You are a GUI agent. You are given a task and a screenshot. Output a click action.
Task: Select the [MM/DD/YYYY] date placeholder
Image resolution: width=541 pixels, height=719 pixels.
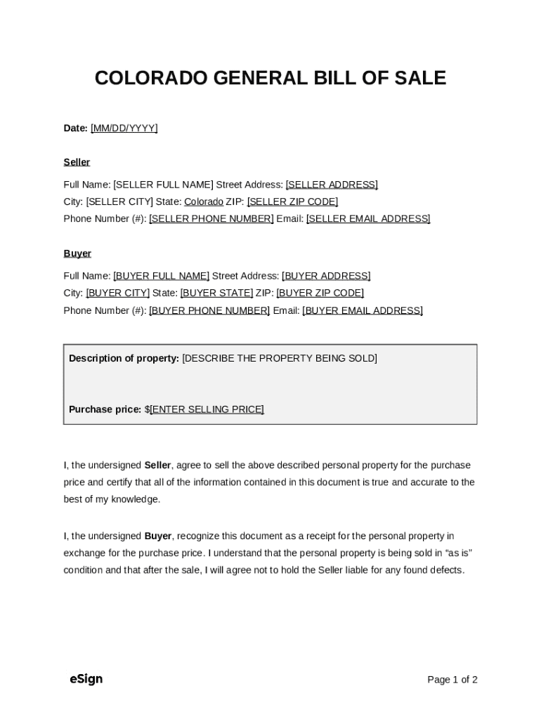[x=124, y=128]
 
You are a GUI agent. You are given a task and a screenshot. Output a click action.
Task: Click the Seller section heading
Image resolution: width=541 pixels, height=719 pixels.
[x=77, y=162]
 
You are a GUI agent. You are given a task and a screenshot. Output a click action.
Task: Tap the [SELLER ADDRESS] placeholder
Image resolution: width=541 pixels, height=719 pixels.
[x=332, y=185]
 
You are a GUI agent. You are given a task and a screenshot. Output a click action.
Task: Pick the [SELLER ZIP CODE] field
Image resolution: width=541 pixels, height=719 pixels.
[x=292, y=202]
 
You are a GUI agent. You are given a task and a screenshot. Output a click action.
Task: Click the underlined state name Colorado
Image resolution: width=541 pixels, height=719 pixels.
[x=204, y=202]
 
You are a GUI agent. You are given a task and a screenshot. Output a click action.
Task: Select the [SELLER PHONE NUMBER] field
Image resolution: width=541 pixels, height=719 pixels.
[x=211, y=219]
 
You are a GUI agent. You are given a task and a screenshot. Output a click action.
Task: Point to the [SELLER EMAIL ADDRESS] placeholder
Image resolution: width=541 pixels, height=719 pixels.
[x=368, y=219]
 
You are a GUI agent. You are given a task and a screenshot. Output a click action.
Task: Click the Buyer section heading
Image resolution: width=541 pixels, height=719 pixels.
[x=77, y=253]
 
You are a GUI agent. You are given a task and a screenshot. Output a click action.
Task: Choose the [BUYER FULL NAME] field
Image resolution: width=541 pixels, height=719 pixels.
[x=162, y=276]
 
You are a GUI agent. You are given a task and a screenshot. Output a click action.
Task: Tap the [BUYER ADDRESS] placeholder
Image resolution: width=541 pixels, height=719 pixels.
[x=326, y=276]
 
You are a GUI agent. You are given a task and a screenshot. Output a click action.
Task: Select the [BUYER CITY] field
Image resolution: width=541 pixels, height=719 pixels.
[x=118, y=293]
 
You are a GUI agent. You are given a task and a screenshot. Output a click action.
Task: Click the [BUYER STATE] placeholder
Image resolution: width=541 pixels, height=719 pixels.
[x=216, y=293]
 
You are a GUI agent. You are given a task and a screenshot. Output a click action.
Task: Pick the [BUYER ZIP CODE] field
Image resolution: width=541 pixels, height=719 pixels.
[x=320, y=293]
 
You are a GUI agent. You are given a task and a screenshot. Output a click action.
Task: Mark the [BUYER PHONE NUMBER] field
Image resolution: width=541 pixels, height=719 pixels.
[x=209, y=310]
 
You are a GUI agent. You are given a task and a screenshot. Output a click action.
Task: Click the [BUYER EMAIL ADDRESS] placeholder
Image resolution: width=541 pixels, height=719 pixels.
[x=363, y=310]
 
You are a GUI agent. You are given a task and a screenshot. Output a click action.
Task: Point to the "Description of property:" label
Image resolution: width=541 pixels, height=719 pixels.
[x=124, y=359]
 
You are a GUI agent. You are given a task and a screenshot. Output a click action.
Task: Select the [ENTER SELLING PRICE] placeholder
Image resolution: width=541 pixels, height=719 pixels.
[x=207, y=409]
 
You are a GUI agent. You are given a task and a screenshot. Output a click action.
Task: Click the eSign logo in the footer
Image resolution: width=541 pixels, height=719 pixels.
[x=86, y=679]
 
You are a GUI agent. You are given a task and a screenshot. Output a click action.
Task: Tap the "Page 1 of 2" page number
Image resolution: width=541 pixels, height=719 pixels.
[x=452, y=680]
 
